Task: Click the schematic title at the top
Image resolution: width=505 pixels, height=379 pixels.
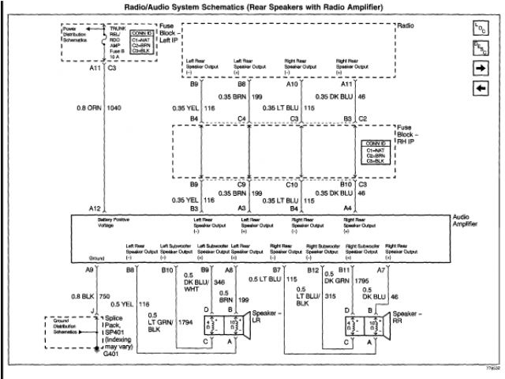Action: pyautogui.click(x=252, y=7)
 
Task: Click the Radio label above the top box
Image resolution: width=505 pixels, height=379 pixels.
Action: pyautogui.click(x=406, y=25)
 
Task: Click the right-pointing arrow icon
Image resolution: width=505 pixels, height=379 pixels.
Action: pyautogui.click(x=480, y=68)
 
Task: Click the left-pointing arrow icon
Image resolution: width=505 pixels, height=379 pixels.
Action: pyautogui.click(x=480, y=87)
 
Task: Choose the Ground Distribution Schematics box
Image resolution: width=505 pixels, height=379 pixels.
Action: pyautogui.click(x=60, y=326)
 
